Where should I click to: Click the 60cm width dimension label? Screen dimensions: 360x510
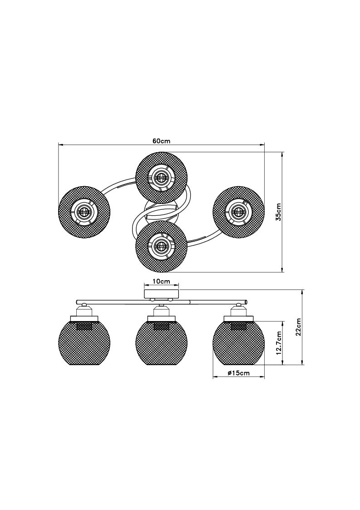161,141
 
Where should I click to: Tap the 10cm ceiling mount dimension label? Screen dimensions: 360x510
161,282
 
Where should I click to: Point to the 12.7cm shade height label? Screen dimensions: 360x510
278,343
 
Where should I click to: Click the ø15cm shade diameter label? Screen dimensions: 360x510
239,373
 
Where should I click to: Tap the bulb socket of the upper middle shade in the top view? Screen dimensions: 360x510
161,178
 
